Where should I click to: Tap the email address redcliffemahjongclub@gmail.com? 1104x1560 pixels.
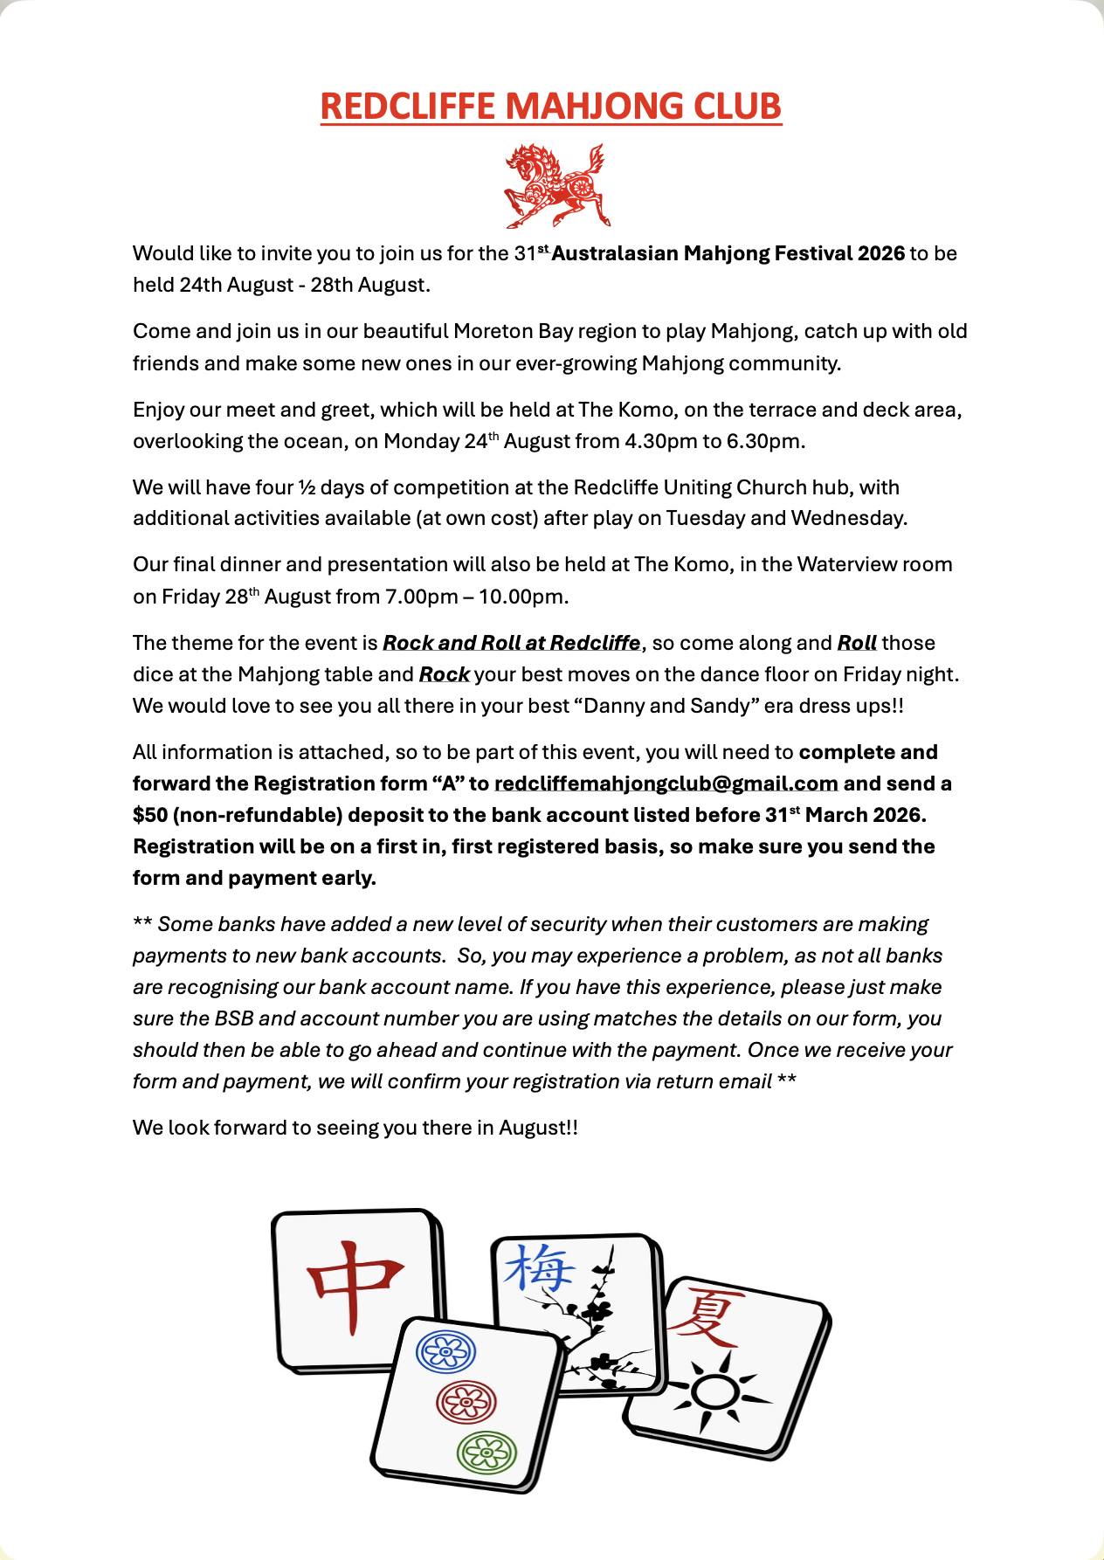click(666, 783)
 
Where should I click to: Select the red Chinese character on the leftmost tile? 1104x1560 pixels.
click(354, 1287)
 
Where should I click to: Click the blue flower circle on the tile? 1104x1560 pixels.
click(445, 1352)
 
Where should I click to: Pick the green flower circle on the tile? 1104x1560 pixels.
click(486, 1453)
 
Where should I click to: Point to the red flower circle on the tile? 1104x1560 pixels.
click(466, 1402)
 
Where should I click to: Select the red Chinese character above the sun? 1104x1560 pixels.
click(705, 1315)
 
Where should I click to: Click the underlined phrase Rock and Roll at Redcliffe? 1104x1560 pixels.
click(511, 643)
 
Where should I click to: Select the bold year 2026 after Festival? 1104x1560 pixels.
click(880, 253)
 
